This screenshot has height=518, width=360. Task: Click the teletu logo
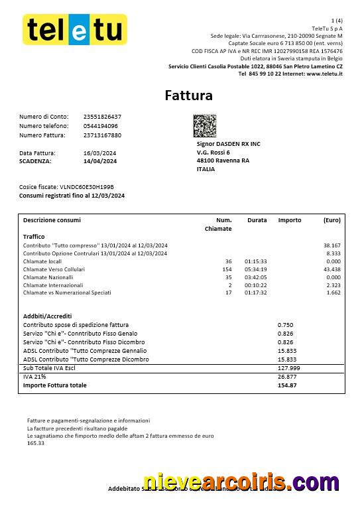(x=75, y=29)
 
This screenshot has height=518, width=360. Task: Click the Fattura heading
(x=189, y=96)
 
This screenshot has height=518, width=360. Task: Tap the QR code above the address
(x=204, y=125)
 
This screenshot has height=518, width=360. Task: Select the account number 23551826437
(x=102, y=117)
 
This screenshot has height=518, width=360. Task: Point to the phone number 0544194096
(x=101, y=126)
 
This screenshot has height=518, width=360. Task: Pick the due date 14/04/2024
(x=100, y=161)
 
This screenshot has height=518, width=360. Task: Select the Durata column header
(x=257, y=220)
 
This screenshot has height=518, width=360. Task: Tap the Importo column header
(x=289, y=220)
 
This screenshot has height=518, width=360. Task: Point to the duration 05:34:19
(x=256, y=269)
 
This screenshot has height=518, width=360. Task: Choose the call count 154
(x=227, y=269)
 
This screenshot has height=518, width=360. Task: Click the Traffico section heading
(x=34, y=236)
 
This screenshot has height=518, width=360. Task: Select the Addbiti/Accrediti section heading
(x=47, y=316)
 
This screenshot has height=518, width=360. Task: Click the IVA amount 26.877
(x=287, y=376)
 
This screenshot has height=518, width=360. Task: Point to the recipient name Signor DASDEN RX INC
(x=228, y=143)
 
